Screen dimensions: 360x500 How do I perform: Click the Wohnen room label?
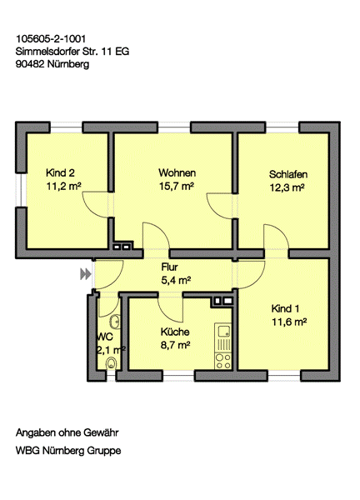pyautogui.click(x=177, y=172)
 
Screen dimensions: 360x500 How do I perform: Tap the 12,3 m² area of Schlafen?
pyautogui.click(x=287, y=187)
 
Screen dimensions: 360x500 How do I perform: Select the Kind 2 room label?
pyautogui.click(x=60, y=172)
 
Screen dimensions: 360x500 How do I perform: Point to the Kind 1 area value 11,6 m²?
pyautogui.click(x=289, y=322)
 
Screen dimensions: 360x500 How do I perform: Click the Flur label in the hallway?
pyautogui.click(x=169, y=267)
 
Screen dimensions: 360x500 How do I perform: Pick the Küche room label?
pyautogui.click(x=175, y=332)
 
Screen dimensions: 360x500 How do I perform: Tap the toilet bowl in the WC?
pyautogui.click(x=111, y=362)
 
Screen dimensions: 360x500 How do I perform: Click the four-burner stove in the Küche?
pyautogui.click(x=223, y=361)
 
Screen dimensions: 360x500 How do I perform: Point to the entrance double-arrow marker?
pyautogui.click(x=85, y=274)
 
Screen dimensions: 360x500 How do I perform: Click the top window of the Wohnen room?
pyautogui.click(x=174, y=127)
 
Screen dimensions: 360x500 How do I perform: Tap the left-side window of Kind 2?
pyautogui.click(x=21, y=191)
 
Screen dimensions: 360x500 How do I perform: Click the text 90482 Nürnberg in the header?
pyautogui.click(x=52, y=64)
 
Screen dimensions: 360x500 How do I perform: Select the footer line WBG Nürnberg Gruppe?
pyautogui.click(x=68, y=451)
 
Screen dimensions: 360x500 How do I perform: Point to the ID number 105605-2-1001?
pyautogui.click(x=51, y=39)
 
